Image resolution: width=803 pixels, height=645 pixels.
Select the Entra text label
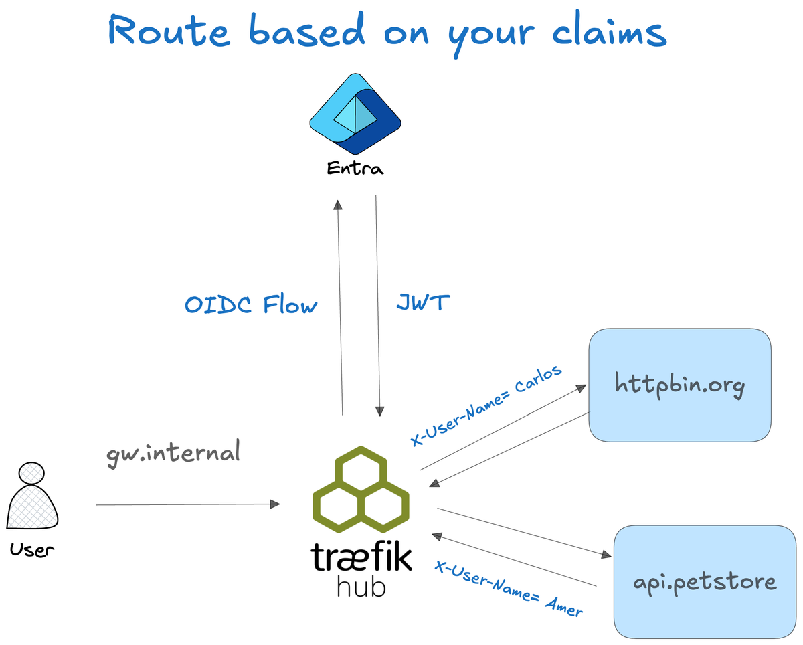[x=355, y=169]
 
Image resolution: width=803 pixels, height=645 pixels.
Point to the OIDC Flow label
[x=251, y=306]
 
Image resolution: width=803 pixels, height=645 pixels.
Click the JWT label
[x=423, y=303]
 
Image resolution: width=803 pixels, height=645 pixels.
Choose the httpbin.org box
[x=679, y=385]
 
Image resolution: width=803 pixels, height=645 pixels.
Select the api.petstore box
[x=705, y=581]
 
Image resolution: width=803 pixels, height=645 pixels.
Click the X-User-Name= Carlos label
[x=486, y=407]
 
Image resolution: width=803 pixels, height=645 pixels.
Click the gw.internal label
[x=173, y=453]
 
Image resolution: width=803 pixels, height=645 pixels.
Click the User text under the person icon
[x=31, y=550]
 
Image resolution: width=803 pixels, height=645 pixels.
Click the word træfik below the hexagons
[x=361, y=557]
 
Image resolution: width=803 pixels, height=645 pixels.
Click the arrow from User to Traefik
[x=187, y=504]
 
